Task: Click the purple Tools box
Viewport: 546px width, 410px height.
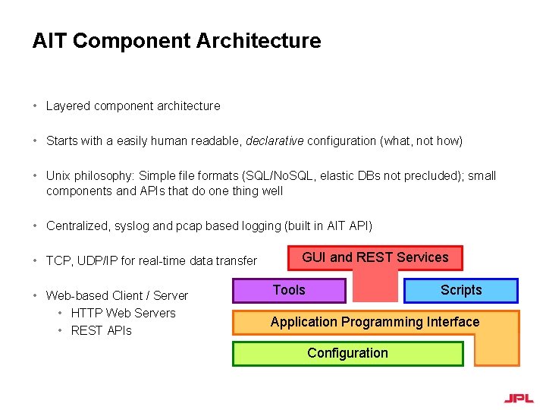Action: [x=289, y=290]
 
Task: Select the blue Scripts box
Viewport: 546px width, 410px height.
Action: [x=461, y=290]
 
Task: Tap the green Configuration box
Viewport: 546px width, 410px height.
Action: [x=347, y=353]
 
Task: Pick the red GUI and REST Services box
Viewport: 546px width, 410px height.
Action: [x=375, y=257]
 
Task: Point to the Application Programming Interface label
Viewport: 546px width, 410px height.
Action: [x=375, y=322]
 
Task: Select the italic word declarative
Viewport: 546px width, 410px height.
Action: [x=273, y=140]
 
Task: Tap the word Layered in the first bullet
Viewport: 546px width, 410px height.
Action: [x=67, y=106]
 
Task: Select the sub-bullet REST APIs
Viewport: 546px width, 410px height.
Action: [x=101, y=330]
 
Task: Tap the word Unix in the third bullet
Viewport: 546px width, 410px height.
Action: [x=58, y=175]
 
